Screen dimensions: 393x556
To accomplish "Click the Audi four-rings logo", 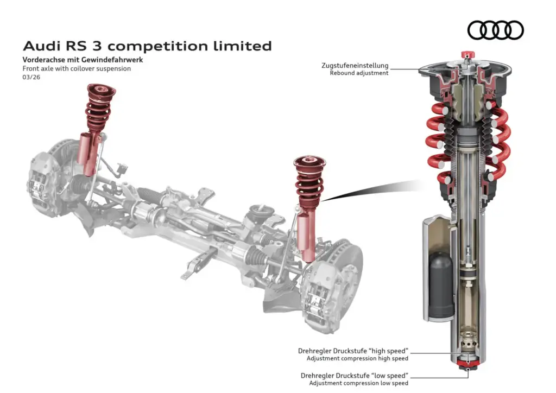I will pos(495,30).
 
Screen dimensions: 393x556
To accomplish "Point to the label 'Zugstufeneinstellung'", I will pos(355,66).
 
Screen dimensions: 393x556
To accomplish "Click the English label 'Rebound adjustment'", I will pos(359,73).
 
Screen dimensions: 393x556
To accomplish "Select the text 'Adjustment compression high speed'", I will pos(357,358).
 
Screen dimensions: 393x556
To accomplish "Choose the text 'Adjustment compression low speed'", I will pos(358,383).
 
